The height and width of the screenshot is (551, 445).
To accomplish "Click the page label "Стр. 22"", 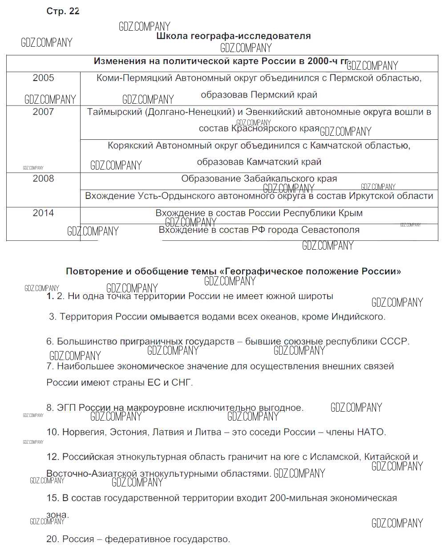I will tap(63, 12).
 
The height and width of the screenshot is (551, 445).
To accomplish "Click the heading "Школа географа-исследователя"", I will tap(233, 36).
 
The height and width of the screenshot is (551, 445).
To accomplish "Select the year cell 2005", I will tap(43, 78).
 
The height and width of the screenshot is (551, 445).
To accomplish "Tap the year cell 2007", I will tap(43, 112).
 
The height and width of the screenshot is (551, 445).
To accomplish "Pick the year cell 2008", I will tap(43, 179).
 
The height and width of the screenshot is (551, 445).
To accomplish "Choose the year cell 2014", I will tap(43, 213).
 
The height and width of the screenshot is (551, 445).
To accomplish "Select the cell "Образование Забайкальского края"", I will tap(259, 179).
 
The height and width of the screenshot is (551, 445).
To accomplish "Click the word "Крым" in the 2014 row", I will tap(351, 213).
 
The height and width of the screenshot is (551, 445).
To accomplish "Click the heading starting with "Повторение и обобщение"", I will tap(233, 271).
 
